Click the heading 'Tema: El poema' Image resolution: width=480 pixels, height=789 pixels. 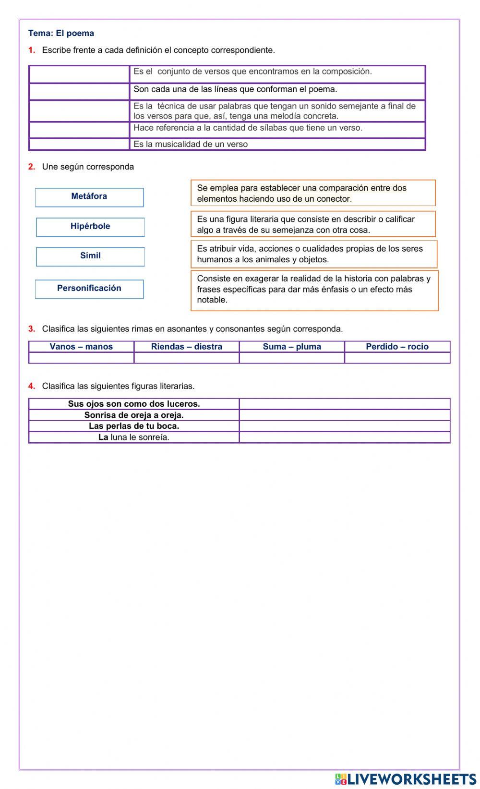coord(61,33)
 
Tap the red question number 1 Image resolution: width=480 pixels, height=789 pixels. coord(32,50)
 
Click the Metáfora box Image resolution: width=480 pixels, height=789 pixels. coord(89,197)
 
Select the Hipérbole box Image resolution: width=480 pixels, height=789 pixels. coord(90,227)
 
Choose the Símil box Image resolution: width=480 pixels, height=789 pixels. coord(90,256)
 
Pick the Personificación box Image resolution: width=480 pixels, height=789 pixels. coord(89,289)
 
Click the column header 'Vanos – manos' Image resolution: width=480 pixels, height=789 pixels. coord(81,346)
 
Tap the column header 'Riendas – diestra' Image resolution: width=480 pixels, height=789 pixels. coord(186,346)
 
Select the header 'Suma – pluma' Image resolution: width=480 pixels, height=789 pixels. coord(292,346)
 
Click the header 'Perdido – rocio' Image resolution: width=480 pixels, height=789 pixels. coord(397,346)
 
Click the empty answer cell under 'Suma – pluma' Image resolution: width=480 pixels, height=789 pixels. coord(292,358)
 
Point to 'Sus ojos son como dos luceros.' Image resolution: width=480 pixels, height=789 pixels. coord(134,403)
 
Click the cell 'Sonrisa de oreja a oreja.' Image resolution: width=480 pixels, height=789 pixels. coord(134,415)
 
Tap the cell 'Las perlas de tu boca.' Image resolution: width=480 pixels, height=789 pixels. coord(134,426)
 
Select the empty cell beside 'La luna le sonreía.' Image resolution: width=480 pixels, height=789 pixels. coord(344,437)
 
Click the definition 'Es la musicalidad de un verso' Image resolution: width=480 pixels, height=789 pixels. coord(191,144)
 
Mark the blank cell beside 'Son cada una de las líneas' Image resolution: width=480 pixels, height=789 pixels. coord(79,91)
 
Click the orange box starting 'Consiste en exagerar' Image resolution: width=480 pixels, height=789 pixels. coord(314,290)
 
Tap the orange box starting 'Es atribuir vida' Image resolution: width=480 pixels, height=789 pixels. coord(313,254)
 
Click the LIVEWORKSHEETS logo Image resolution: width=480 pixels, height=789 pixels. coord(406,779)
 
